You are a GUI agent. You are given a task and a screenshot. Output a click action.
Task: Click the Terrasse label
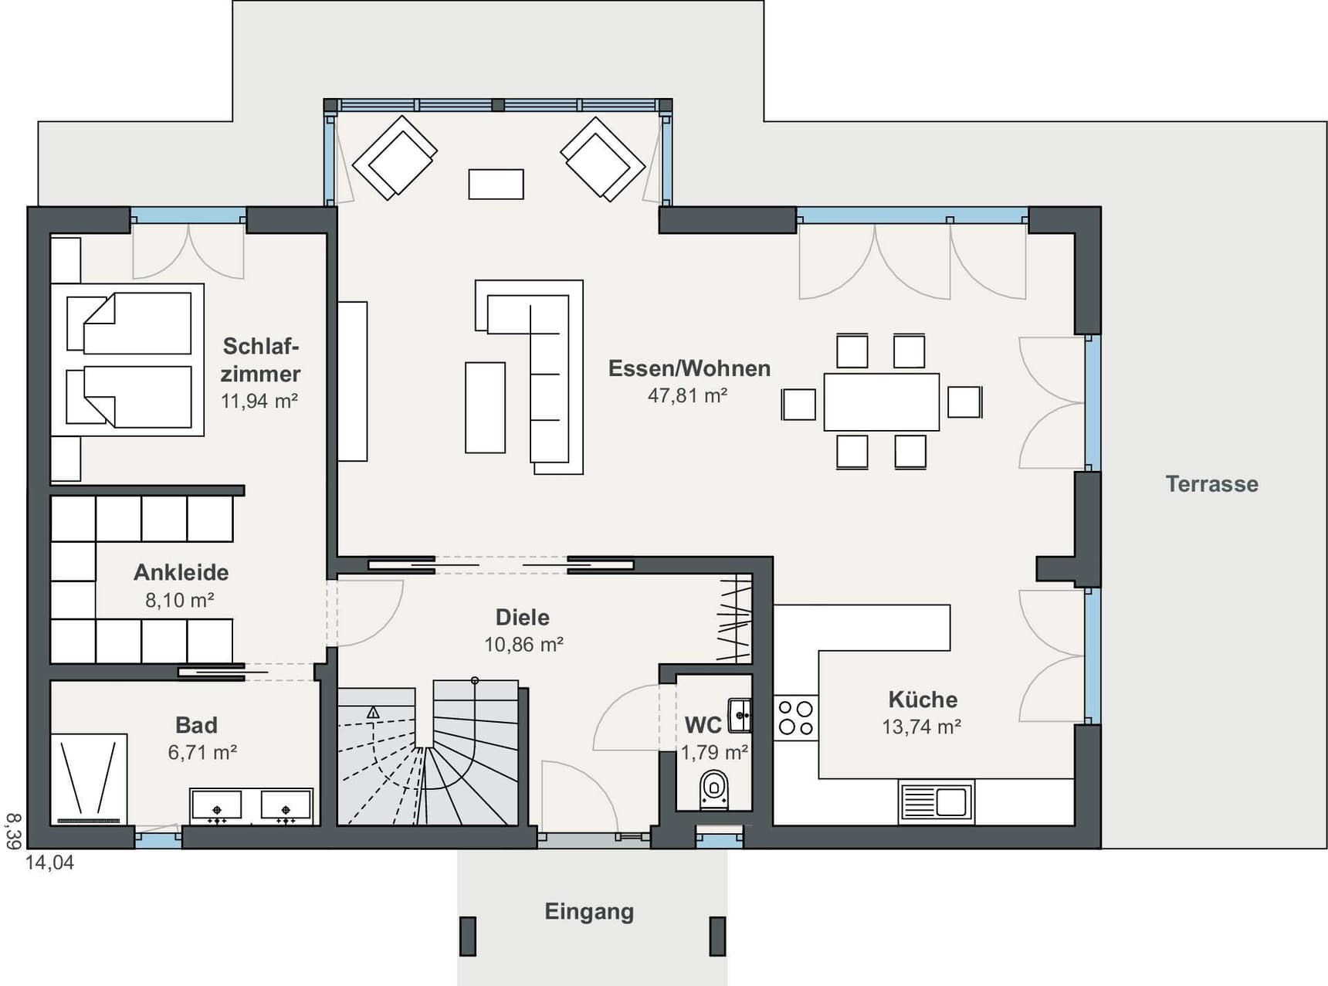(1211, 484)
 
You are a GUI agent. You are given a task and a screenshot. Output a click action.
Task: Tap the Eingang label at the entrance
(589, 912)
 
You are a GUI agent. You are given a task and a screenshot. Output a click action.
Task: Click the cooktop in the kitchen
(796, 717)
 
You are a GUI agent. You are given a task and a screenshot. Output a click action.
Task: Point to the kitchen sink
(936, 801)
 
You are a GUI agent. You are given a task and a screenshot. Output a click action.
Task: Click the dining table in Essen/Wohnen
(882, 402)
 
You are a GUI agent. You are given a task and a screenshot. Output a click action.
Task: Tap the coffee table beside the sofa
(485, 407)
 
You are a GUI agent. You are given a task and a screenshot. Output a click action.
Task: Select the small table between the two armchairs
(496, 185)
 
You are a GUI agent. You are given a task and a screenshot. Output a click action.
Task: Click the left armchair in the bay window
(395, 158)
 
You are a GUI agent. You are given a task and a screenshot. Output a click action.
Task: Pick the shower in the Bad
(89, 778)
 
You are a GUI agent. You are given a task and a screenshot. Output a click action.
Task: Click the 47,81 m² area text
(687, 395)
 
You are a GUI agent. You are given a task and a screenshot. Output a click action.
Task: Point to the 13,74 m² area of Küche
(922, 727)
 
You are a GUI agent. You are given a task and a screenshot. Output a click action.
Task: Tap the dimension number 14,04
(50, 862)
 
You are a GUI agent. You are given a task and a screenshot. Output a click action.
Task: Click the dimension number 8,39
(13, 831)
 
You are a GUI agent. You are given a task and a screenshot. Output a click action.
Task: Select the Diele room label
(523, 617)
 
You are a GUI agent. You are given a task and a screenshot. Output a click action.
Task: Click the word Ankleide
(181, 572)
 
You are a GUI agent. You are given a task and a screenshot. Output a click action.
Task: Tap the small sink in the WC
(740, 715)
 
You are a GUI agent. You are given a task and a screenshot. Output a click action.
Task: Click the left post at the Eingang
(468, 936)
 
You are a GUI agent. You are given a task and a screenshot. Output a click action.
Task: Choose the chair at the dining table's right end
(964, 402)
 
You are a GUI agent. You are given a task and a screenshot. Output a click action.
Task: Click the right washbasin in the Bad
(286, 806)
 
